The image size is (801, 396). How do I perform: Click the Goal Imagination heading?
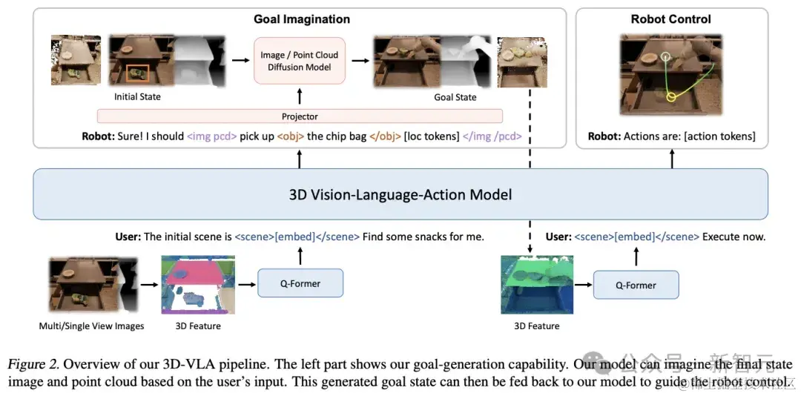point(301,19)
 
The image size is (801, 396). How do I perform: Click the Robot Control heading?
point(670,19)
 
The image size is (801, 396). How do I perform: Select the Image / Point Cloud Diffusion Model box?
point(300,61)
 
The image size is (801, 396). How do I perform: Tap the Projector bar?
point(300,116)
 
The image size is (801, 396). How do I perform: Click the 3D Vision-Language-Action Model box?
point(400,195)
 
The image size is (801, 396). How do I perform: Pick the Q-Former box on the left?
point(300,283)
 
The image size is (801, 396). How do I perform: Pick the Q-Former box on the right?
point(636,285)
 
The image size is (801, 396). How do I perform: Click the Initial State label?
point(137,97)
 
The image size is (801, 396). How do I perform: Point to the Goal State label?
point(455,97)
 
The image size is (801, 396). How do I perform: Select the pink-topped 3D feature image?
point(198,285)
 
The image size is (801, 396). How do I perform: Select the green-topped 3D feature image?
point(537,285)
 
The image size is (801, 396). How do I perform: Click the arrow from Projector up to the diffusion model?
point(300,97)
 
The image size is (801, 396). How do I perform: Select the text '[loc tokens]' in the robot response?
point(432,136)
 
